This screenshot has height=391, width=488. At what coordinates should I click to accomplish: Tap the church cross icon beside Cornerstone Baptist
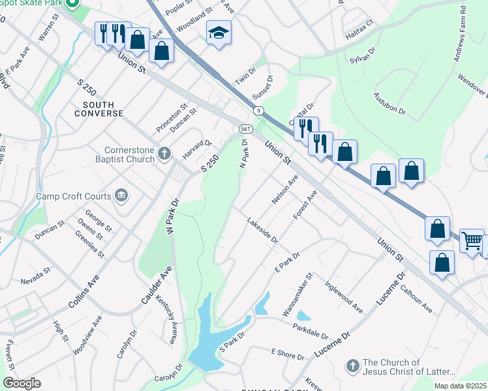click(x=164, y=154)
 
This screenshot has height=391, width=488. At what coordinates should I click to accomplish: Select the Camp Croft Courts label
click(x=79, y=195)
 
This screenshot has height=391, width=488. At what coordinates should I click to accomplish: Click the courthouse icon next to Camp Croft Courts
click(x=121, y=195)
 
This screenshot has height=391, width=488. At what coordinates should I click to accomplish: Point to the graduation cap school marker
click(x=219, y=33)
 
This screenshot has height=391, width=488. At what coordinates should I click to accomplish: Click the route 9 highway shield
click(x=259, y=110)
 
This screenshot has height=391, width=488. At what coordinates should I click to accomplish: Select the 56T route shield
click(x=246, y=129)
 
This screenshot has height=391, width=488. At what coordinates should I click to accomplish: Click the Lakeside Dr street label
click(x=262, y=231)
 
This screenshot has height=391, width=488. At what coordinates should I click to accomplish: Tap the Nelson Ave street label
click(x=284, y=189)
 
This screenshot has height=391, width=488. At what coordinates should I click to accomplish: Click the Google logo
click(x=22, y=383)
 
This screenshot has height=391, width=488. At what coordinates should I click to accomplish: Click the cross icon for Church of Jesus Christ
click(x=352, y=366)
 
